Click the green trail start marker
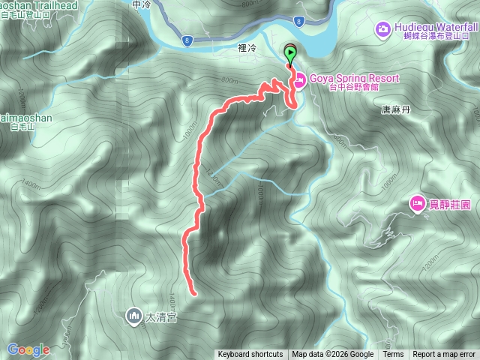290,52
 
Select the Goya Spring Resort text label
352,78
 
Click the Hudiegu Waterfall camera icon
382,30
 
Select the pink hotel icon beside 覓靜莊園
416,203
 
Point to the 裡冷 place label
247,48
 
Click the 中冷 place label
141,5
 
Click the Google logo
28,349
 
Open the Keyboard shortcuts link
250,355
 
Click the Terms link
393,355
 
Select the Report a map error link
444,355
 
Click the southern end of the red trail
193,292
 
